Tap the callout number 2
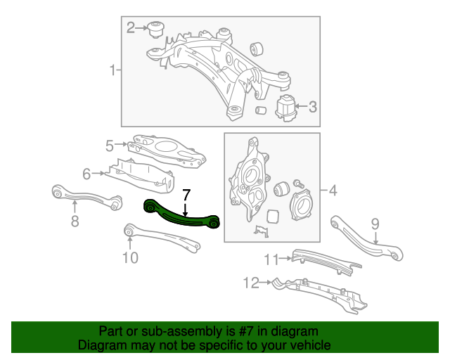pos(131,28)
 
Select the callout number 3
pos(312,108)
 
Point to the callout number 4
pos(331,191)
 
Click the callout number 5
pos(110,146)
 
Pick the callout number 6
pos(87,174)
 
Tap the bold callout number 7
pos(186,195)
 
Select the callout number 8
pos(75,222)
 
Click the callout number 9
pos(375,224)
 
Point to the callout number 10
pos(130,258)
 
